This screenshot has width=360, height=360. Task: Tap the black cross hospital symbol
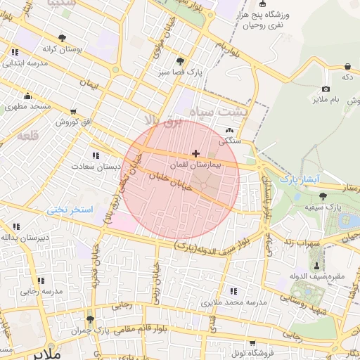[x=195, y=153]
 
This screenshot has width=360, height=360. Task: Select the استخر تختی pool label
[x=70, y=210]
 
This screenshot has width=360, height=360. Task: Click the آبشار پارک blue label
[x=300, y=179]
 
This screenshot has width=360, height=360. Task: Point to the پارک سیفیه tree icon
[x=323, y=196]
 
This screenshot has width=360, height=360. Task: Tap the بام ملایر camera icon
[x=326, y=89]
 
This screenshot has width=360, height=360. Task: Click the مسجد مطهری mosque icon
[x=27, y=96]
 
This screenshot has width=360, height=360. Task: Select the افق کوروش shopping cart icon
[x=73, y=112]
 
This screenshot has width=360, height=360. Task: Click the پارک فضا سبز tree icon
[x=181, y=61]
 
